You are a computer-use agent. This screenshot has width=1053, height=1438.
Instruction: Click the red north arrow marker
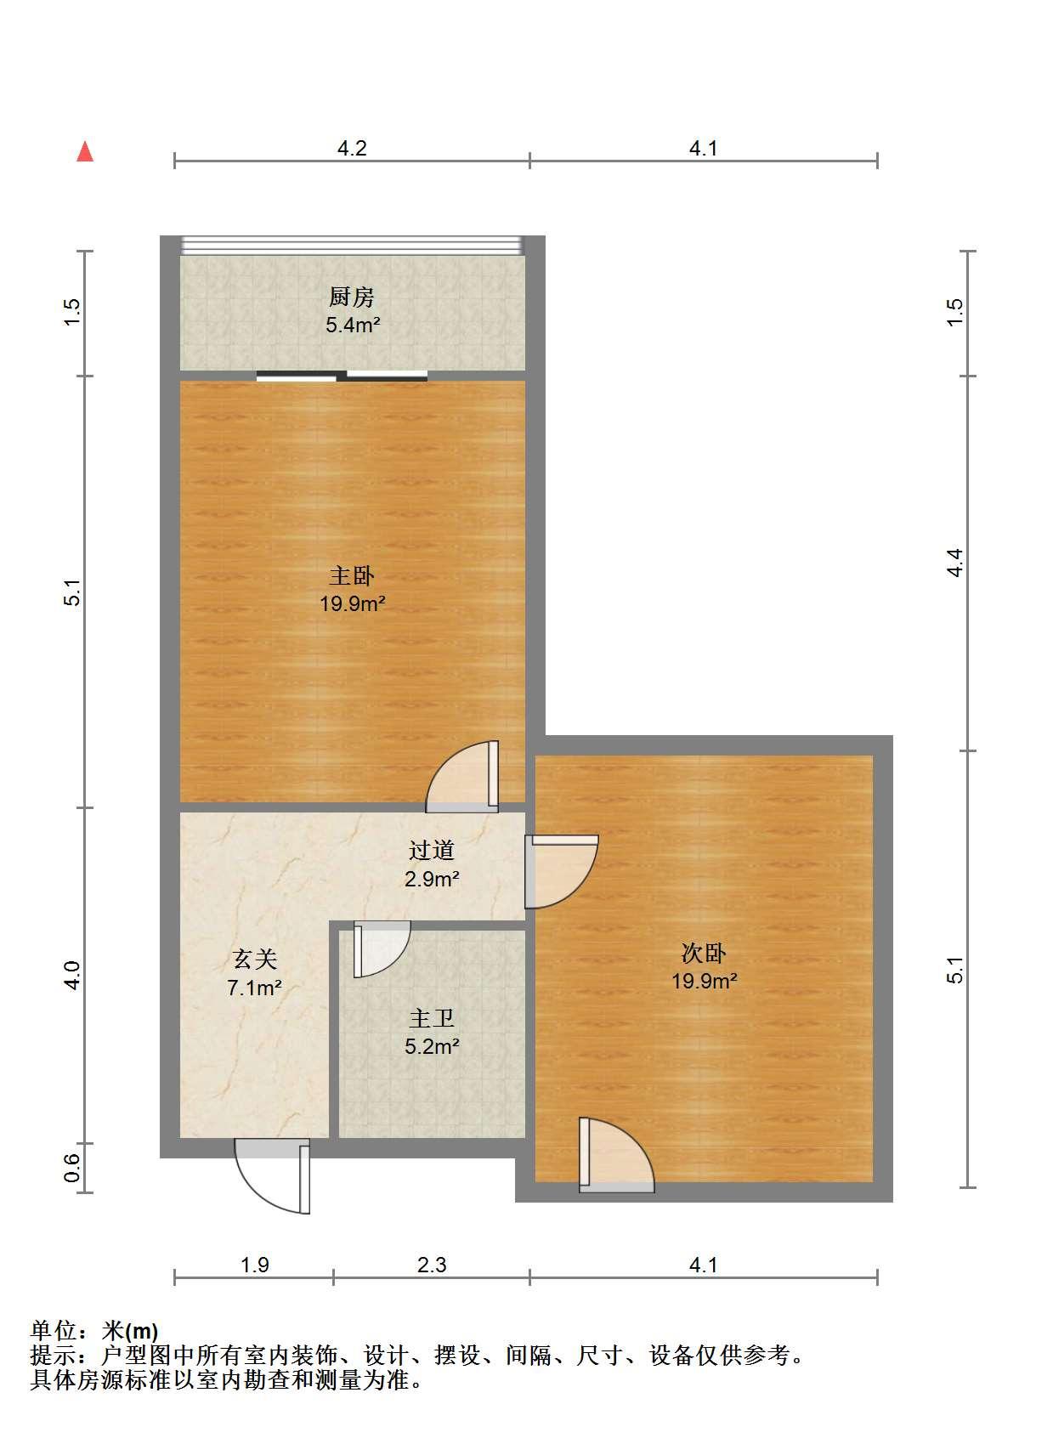tap(85, 152)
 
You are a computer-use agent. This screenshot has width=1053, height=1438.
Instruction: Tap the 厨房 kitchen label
tap(351, 297)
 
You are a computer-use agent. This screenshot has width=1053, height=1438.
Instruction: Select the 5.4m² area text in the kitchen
tap(353, 325)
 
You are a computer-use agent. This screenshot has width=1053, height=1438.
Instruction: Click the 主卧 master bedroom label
tap(351, 575)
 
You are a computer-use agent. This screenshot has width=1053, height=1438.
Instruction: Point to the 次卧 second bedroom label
tap(703, 953)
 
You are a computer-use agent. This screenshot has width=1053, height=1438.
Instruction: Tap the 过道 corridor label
tap(432, 850)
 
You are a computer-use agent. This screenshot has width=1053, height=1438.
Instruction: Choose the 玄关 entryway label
tap(254, 960)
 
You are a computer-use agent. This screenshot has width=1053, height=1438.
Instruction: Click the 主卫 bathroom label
tap(432, 1018)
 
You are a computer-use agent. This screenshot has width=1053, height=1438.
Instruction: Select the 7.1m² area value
tap(254, 988)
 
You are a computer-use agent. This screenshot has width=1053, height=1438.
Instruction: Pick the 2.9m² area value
tap(432, 878)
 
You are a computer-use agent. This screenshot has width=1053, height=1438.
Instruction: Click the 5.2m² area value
tap(432, 1046)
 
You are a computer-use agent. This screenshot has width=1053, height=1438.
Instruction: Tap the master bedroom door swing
tap(462, 777)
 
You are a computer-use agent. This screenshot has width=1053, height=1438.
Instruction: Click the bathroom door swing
tap(382, 948)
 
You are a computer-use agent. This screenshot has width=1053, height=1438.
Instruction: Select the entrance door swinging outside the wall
tap(273, 1176)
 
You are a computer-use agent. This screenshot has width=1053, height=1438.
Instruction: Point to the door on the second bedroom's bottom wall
tap(616, 1156)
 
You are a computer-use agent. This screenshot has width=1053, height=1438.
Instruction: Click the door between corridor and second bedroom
tap(561, 872)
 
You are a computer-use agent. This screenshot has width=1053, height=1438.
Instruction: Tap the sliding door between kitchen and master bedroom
tap(342, 376)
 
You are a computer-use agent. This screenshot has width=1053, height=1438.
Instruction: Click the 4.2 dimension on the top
tap(352, 148)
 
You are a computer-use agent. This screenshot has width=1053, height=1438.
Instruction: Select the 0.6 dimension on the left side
tap(72, 1168)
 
